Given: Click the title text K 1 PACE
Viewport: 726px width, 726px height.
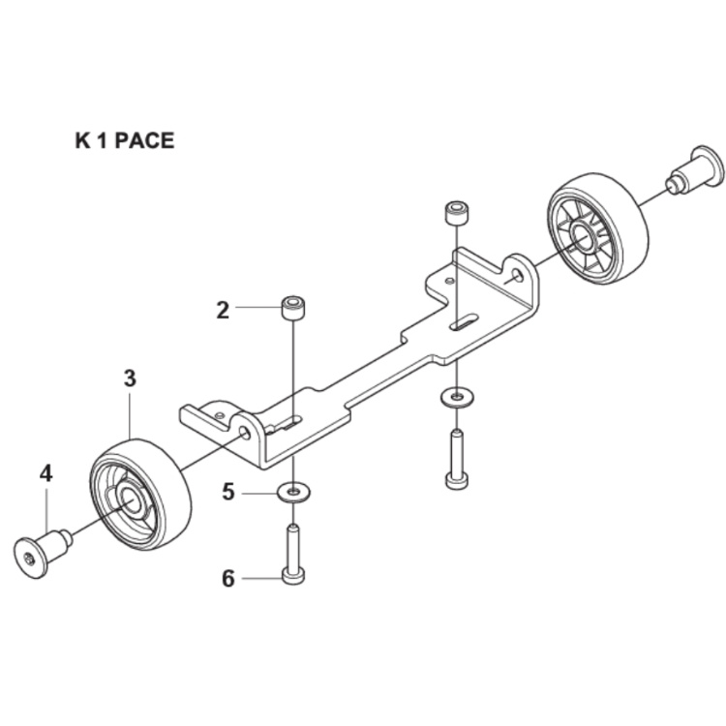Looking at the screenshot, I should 125,140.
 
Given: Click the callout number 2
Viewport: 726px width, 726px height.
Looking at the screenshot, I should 223,310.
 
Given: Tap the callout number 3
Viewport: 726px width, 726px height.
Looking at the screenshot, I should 130,378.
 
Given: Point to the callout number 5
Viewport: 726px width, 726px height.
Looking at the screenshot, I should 228,492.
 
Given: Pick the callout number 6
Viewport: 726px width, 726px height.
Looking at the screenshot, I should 228,579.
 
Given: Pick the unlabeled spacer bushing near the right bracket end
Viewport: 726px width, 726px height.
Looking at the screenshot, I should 454,213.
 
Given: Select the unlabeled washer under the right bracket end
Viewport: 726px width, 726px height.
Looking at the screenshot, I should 454,396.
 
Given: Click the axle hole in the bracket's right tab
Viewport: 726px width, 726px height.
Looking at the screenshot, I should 519,276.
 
